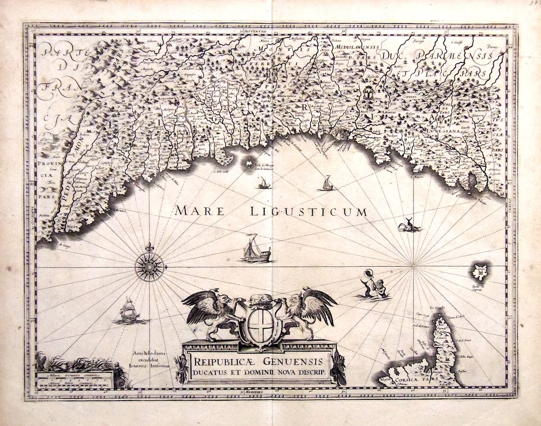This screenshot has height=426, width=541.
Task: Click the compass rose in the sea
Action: [149, 267]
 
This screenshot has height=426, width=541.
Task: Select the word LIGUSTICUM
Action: [308, 211]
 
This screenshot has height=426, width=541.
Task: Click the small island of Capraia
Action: [480, 271]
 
